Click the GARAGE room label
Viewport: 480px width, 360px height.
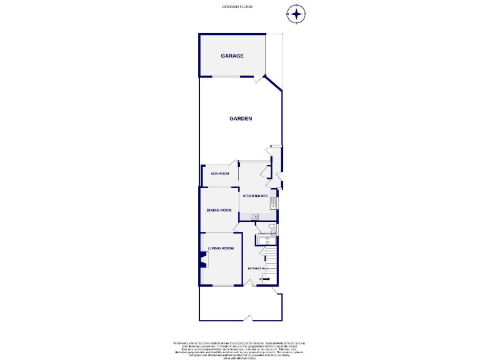tap(232, 56)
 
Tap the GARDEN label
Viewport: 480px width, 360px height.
tap(240, 118)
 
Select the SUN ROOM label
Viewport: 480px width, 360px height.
tap(219, 173)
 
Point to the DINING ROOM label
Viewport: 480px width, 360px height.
tap(219, 210)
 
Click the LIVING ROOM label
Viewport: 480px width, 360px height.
tap(220, 248)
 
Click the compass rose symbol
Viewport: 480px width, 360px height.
tap(296, 13)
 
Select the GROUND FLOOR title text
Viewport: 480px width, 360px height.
tap(237, 6)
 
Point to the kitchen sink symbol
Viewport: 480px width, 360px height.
tap(272, 202)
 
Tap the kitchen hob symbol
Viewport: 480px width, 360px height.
tap(254, 216)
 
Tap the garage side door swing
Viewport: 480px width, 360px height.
tap(257, 79)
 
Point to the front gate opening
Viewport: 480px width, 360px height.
tap(247, 319)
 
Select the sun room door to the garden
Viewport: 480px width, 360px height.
tap(234, 162)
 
